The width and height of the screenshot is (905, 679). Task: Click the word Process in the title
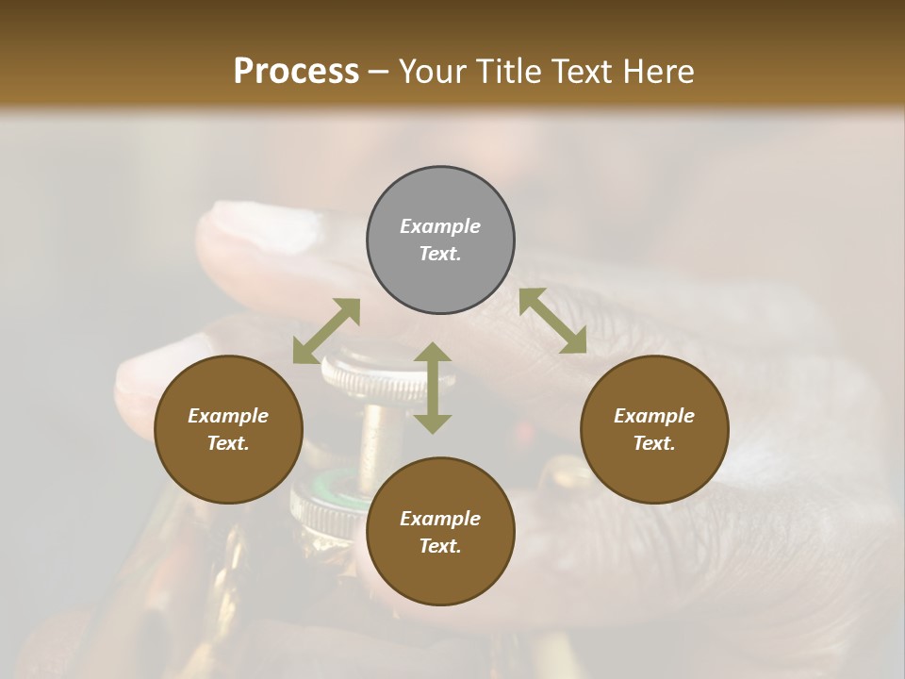(296, 72)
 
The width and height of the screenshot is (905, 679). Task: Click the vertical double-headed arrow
(433, 388)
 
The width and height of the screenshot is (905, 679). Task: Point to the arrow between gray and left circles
(326, 331)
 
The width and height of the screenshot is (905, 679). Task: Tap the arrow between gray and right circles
(553, 321)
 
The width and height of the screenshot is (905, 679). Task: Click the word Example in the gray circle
(440, 226)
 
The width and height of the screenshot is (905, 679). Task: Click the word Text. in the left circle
(228, 443)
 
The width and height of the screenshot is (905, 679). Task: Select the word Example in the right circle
(654, 416)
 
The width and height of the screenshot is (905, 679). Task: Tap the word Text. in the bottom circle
(440, 546)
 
